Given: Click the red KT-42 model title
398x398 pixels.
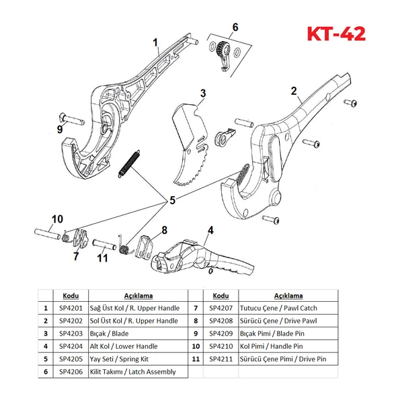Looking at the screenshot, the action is (336, 34).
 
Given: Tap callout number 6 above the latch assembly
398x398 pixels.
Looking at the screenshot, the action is (235, 27).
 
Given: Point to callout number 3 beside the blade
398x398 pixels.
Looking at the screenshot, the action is (203, 93).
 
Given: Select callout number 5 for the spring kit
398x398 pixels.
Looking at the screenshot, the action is (172, 200).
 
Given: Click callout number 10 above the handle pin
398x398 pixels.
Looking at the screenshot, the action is (57, 219).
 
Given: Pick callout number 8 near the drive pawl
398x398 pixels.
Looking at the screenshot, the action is (165, 230).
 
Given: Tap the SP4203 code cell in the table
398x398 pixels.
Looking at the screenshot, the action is (71, 333).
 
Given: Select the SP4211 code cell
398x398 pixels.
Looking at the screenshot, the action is (221, 359).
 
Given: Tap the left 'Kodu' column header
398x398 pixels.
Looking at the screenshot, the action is (71, 296).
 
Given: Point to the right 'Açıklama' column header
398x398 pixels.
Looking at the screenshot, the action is (288, 296).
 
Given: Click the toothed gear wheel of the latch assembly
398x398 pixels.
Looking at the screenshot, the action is (223, 48).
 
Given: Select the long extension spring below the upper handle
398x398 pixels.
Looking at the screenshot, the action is (129, 164).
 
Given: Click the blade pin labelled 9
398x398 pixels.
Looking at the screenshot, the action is (72, 119).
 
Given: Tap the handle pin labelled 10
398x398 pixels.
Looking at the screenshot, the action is (48, 233).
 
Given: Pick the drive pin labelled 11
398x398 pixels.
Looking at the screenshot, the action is (104, 245).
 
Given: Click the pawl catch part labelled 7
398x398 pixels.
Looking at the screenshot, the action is (81, 239).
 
